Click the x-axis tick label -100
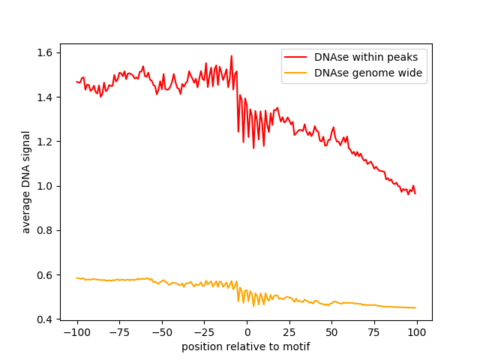pyautogui.click(x=76, y=332)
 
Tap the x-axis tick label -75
pyautogui.click(x=119, y=332)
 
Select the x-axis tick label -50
pyautogui.click(x=161, y=332)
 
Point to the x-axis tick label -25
pyautogui.click(x=204, y=332)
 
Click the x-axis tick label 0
pyautogui.click(x=247, y=332)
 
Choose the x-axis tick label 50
pyautogui.click(x=332, y=332)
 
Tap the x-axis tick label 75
pyautogui.click(x=375, y=332)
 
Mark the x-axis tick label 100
pyautogui.click(x=417, y=332)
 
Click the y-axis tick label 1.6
pyautogui.click(x=46, y=52)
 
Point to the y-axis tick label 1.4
pyautogui.click(x=46, y=97)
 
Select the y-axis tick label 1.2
pyautogui.click(x=46, y=142)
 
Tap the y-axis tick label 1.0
pyautogui.click(x=46, y=186)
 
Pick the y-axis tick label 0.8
pyautogui.click(x=46, y=230)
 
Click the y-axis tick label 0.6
pyautogui.click(x=46, y=275)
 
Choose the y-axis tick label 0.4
pyautogui.click(x=46, y=319)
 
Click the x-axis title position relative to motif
pyautogui.click(x=246, y=346)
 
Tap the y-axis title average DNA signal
pyautogui.click(x=26, y=181)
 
